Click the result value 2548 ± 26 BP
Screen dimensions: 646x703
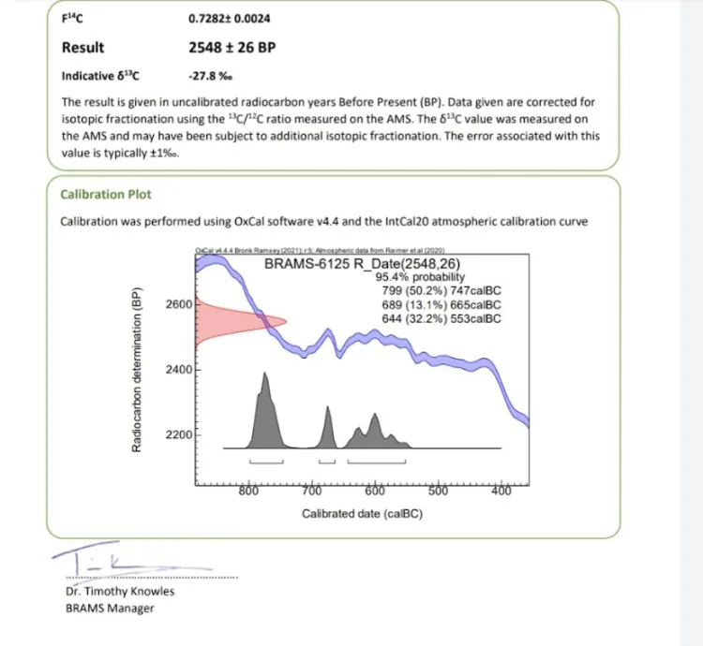232,48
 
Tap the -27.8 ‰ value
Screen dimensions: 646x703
210,77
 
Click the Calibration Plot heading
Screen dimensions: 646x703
105,195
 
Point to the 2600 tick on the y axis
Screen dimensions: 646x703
177,305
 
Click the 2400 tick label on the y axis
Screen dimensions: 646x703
177,371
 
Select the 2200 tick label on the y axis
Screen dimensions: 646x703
177,436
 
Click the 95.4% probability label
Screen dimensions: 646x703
420,277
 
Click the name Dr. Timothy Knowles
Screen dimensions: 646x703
120,591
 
